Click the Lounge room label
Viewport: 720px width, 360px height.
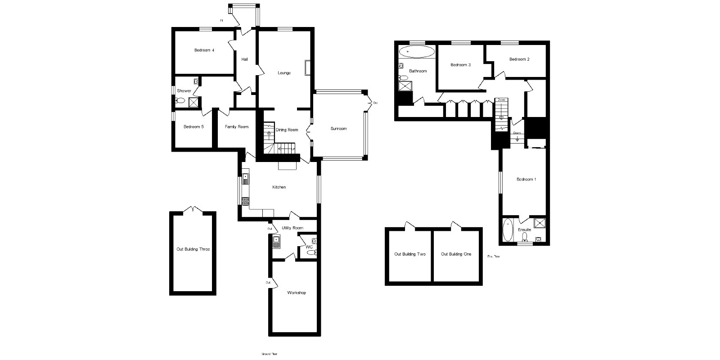[284, 73]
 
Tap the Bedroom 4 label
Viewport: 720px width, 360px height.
[204, 50]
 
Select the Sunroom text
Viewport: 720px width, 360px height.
[338, 129]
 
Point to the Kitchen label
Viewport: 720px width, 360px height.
[279, 187]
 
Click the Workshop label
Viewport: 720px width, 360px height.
[297, 293]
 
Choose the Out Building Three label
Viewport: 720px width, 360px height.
[193, 249]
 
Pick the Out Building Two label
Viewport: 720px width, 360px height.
[410, 254]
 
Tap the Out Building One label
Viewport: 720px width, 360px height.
[456, 254]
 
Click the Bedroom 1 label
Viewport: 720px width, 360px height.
[526, 180]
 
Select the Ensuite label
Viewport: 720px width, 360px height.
[524, 229]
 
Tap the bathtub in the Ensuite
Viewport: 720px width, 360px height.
[508, 230]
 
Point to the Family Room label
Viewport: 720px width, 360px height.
[237, 127]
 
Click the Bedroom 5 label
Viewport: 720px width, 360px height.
[193, 127]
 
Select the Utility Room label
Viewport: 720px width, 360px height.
[292, 228]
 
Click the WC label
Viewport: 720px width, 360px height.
[309, 247]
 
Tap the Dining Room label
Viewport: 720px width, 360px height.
[287, 130]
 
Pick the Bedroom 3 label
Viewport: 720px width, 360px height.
[460, 65]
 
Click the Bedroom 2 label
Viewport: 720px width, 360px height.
[519, 59]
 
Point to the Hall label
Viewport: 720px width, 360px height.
[245, 59]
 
